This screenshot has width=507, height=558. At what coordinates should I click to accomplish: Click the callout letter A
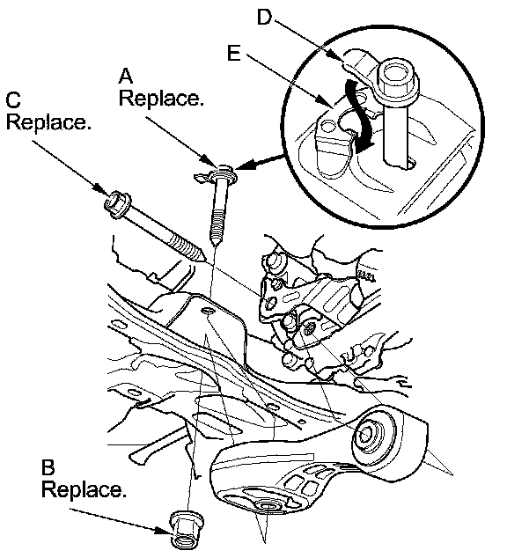[126, 77]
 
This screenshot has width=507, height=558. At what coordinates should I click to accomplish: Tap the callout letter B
[48, 467]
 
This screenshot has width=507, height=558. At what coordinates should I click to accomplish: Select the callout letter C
[13, 100]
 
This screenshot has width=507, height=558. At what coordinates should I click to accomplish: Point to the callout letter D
[264, 17]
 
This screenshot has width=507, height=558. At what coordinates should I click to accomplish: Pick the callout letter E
[234, 53]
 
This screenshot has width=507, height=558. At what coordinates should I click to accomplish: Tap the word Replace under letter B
[84, 489]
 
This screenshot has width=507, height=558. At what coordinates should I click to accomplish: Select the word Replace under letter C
[48, 122]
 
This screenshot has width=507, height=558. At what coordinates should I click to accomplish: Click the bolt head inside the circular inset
[397, 79]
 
